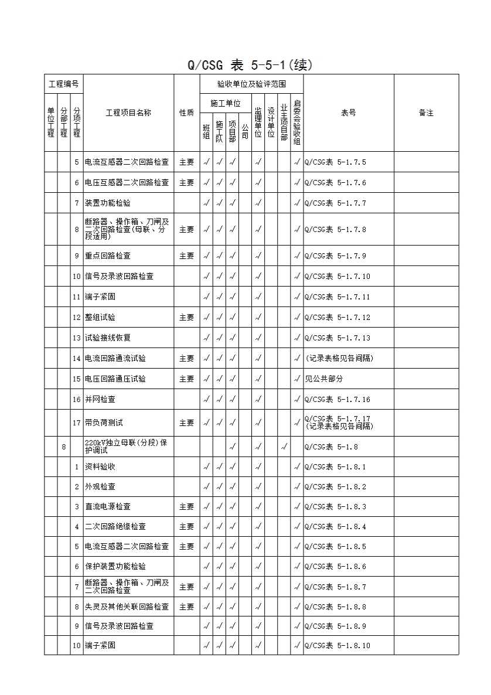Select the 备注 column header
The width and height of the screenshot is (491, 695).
(x=426, y=113)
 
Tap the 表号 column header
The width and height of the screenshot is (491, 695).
(x=348, y=113)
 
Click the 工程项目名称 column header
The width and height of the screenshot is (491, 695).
(x=128, y=113)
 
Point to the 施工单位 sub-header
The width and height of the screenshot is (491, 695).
(x=226, y=103)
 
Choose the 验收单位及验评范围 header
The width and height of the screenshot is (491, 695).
(x=251, y=84)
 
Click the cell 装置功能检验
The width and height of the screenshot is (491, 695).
(x=108, y=203)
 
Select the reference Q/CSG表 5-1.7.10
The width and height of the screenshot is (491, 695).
(x=337, y=276)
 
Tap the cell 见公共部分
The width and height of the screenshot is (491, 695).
(x=322, y=379)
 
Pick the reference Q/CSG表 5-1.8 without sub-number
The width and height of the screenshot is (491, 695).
(x=332, y=447)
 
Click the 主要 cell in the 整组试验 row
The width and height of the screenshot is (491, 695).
(x=186, y=317)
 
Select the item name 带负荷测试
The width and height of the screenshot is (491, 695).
(x=104, y=423)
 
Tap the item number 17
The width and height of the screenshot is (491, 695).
(x=77, y=423)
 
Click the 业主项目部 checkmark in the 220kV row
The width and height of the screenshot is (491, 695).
(x=284, y=447)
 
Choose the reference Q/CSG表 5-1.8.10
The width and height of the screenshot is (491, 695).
(x=337, y=645)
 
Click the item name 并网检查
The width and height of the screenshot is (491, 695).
(x=100, y=399)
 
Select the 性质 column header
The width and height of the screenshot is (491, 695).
(x=186, y=113)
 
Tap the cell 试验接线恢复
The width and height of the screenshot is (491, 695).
(x=108, y=338)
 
